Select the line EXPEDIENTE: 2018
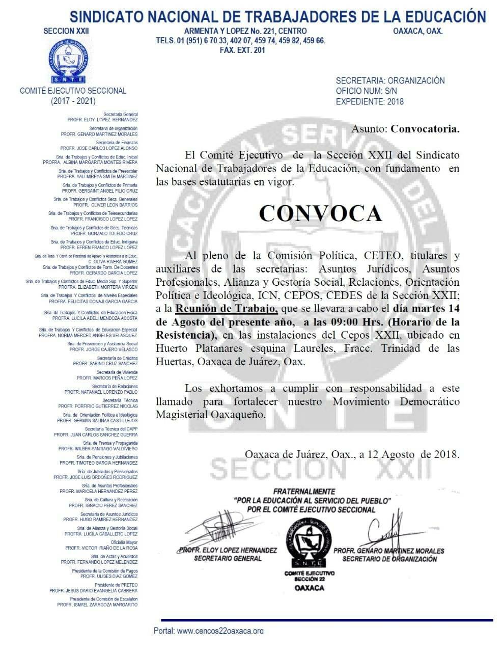(370, 101)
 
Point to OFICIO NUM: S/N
(366, 91)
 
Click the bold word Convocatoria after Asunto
(425, 128)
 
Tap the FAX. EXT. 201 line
(242, 50)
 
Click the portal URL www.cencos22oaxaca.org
(220, 631)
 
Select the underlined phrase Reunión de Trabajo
(227, 309)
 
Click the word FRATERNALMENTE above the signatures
(304, 492)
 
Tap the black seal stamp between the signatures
(310, 541)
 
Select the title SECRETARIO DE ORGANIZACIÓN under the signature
(389, 559)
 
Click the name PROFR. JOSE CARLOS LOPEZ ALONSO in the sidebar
(102, 148)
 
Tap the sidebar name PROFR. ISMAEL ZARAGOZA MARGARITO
(97, 605)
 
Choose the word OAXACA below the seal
(310, 588)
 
